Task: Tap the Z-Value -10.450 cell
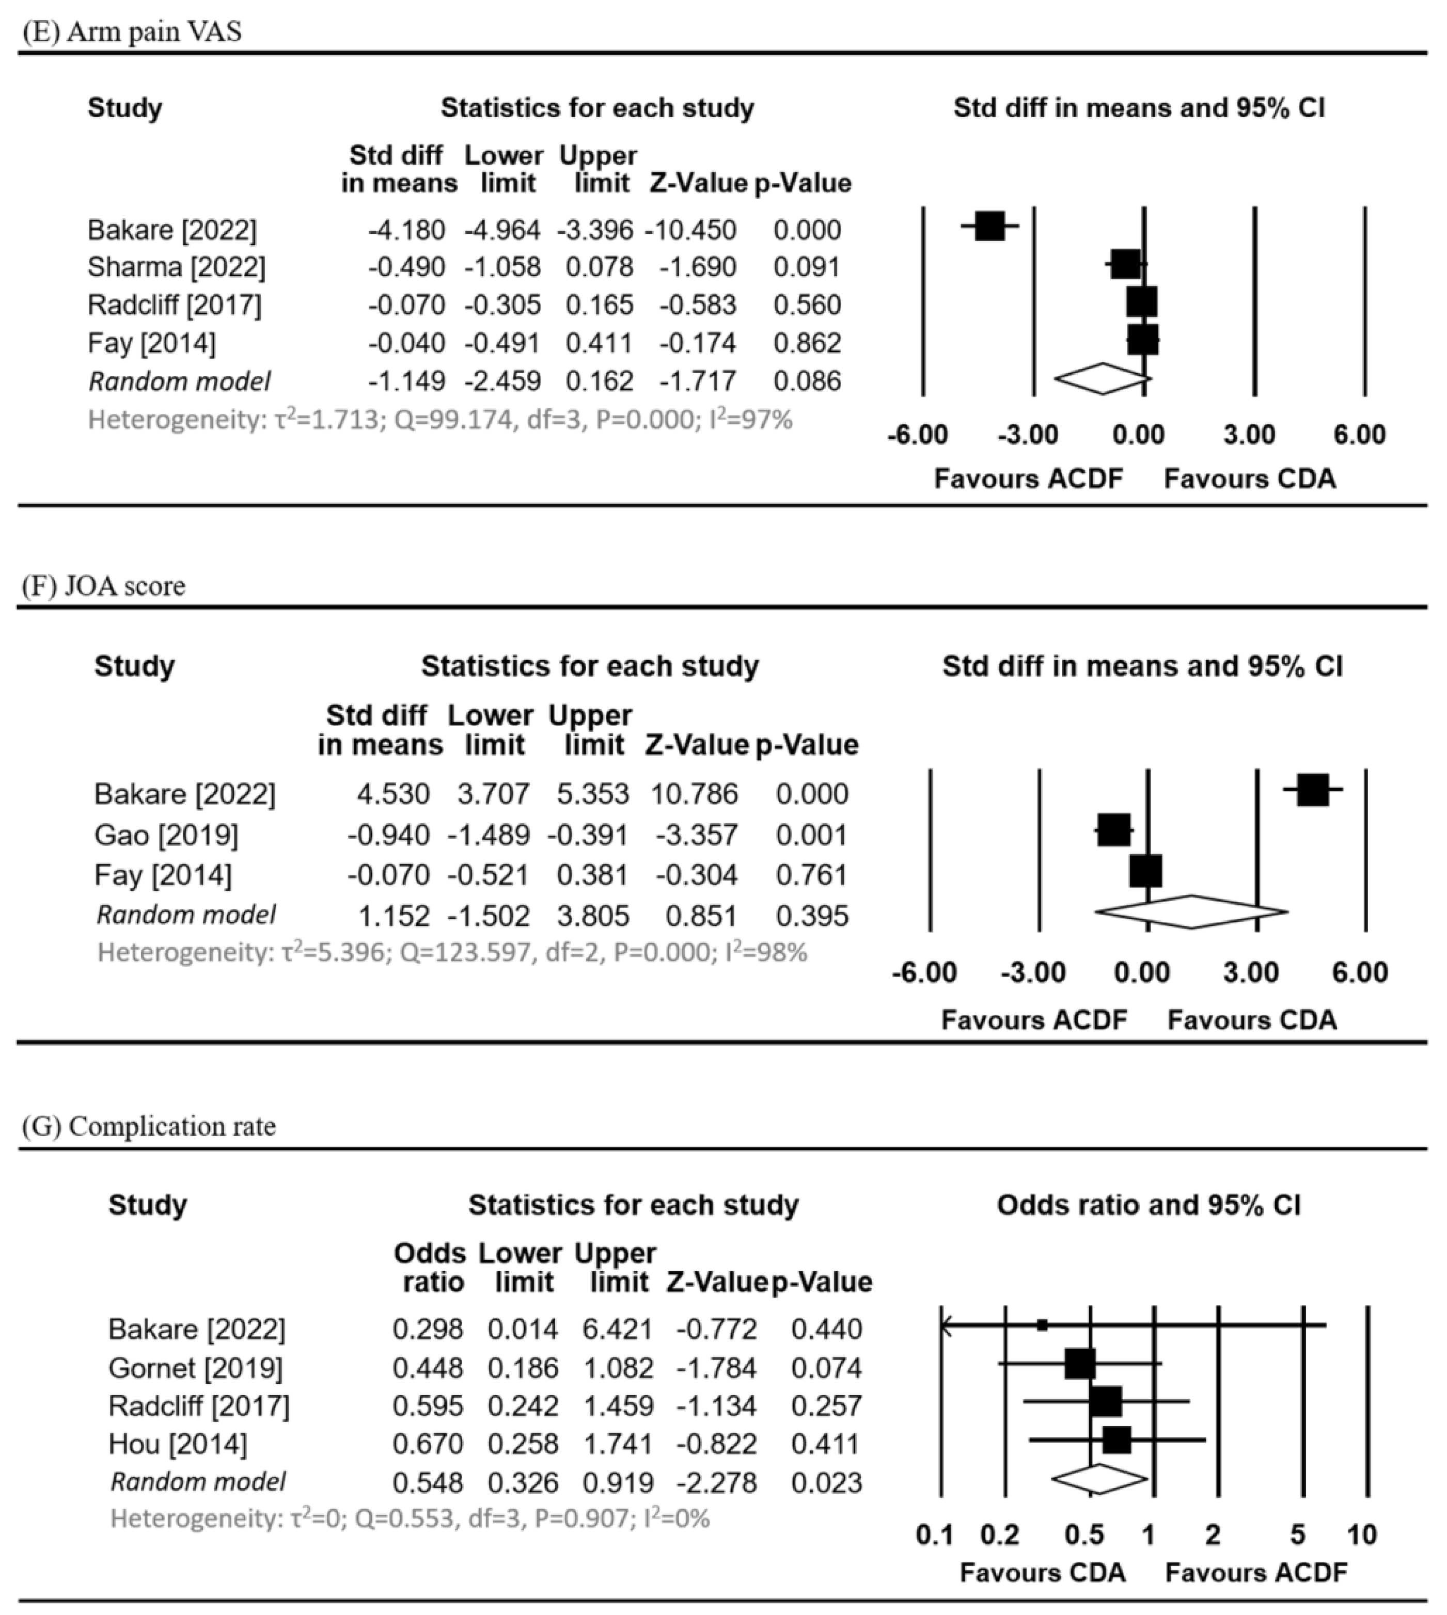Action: pos(691,230)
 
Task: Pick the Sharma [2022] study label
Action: pos(177,267)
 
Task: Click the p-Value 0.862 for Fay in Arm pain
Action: pos(807,343)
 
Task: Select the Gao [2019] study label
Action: pos(166,835)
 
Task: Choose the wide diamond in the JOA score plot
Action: pos(1191,912)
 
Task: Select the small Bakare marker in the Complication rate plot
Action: pos(1042,1325)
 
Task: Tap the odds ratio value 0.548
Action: pos(428,1483)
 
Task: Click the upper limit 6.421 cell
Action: pos(618,1329)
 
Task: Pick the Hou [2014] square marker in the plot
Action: pos(1116,1440)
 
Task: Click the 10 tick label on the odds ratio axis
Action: pos(1362,1534)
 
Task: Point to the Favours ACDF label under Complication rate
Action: pos(1256,1572)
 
